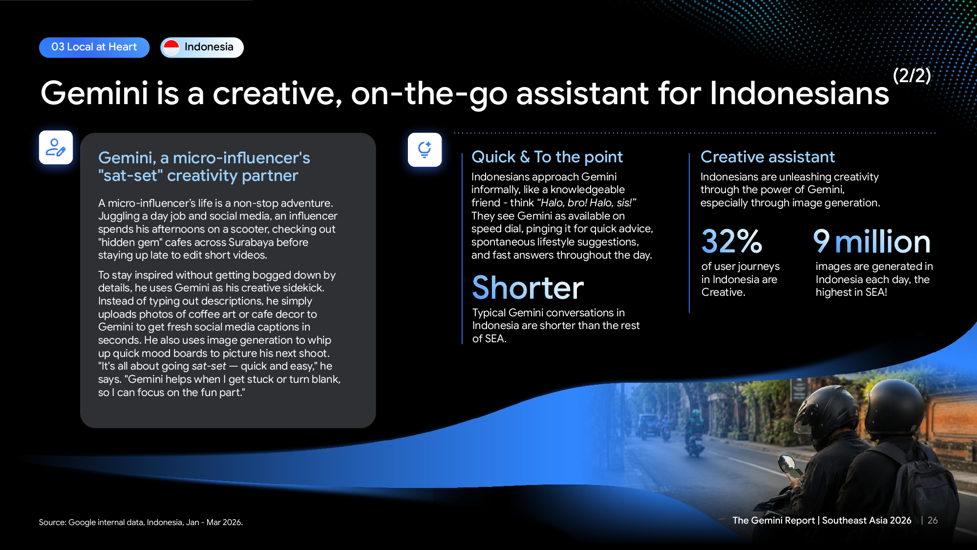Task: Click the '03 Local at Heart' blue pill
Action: [94, 47]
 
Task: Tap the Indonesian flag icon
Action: [171, 47]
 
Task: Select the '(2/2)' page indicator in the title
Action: [912, 75]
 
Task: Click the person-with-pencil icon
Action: [56, 147]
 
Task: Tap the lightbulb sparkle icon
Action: [425, 150]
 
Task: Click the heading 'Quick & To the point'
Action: [547, 157]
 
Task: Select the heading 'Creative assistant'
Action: [767, 157]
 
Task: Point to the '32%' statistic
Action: [731, 242]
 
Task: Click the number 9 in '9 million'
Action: [822, 241]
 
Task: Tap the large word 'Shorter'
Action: [528, 287]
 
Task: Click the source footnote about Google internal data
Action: [141, 522]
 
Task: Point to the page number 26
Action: [933, 521]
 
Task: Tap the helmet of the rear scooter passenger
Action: [895, 405]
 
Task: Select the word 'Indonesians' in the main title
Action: [799, 93]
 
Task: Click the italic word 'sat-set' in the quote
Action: [209, 366]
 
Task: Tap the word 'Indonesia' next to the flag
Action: [209, 47]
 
